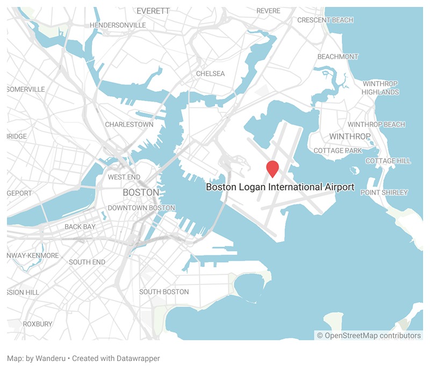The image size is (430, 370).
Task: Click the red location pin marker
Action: pos(273,168)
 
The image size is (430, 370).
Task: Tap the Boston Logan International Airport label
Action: pos(280,187)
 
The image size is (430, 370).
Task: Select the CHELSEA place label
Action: pos(210,74)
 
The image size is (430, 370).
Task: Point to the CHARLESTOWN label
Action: pos(129,124)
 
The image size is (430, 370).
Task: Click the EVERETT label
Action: pos(153,11)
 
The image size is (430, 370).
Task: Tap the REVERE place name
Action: pos(268,11)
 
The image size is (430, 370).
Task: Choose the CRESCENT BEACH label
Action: pos(325,20)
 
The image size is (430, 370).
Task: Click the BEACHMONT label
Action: pos(338,56)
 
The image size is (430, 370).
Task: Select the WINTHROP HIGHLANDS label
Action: pos(381,88)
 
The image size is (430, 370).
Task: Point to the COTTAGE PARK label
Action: pos(338,151)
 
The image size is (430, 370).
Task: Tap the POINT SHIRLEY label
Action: pos(384,193)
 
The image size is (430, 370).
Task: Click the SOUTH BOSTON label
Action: pos(164,291)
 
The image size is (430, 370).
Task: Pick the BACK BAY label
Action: pos(80,227)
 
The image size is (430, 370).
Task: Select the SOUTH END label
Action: pos(87,262)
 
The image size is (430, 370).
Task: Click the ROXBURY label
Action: pos(38,324)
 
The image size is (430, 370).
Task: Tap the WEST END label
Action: pos(124,177)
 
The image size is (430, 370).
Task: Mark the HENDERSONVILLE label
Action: pos(118,25)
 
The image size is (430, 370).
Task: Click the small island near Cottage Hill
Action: pos(354,170)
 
